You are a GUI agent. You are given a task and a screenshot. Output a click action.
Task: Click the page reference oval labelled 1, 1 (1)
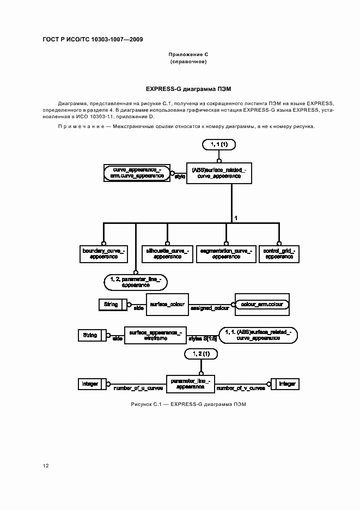tap(218, 145)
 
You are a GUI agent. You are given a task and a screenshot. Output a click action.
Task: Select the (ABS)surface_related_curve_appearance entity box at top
tap(218, 173)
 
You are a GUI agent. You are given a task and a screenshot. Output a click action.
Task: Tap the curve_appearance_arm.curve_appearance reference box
tap(137, 173)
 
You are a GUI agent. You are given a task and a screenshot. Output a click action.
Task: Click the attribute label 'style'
tap(180, 177)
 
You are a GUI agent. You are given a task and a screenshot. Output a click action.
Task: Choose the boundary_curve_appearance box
tap(104, 252)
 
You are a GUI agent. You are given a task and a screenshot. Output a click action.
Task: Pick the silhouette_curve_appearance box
tap(167, 252)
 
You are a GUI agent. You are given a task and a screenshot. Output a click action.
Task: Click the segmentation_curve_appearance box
tap(226, 252)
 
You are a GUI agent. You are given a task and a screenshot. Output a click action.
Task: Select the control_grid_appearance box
tap(279, 252)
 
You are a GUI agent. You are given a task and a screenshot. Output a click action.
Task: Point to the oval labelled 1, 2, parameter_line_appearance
tap(135, 281)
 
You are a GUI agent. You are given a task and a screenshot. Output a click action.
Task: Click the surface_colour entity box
tap(167, 304)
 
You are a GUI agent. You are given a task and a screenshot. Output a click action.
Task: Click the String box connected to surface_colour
tap(112, 305)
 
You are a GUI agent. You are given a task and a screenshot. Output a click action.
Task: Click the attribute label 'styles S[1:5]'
tap(203, 339)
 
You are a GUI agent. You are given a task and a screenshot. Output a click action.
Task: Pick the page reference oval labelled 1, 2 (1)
tap(201, 354)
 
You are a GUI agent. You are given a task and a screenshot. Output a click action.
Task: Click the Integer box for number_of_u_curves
tap(91, 384)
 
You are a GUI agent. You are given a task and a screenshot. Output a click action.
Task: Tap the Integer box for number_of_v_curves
tap(284, 384)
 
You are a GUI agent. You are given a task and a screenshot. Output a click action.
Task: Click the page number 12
tap(46, 466)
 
